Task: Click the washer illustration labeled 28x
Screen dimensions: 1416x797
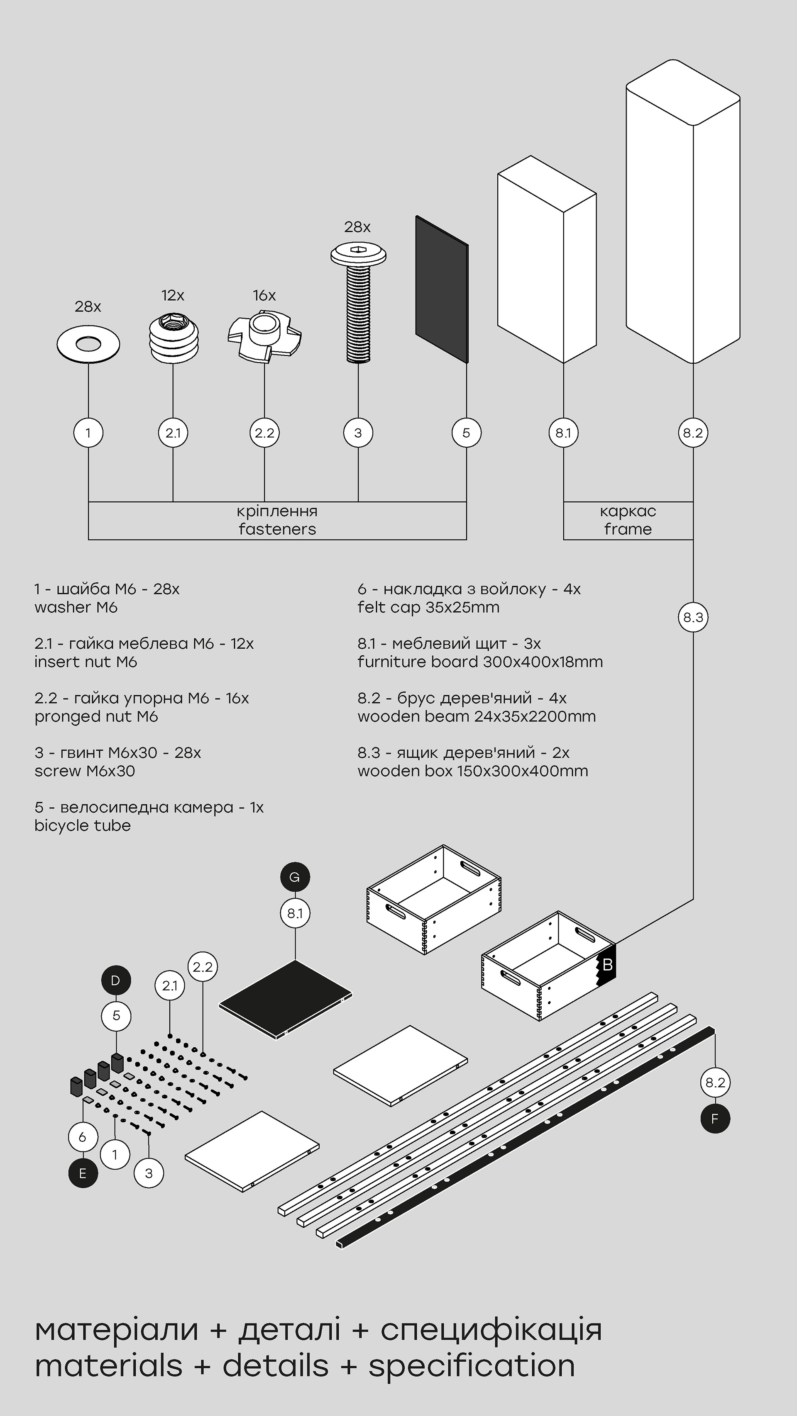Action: [x=88, y=345]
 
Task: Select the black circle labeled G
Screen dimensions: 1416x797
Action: [x=295, y=877]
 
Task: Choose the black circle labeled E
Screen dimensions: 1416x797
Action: [x=83, y=1174]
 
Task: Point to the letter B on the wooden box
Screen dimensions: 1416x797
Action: [x=607, y=964]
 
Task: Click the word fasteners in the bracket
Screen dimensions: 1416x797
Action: [x=277, y=529]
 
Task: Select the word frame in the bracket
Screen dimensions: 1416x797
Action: [x=628, y=529]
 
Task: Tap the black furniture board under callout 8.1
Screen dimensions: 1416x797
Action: [x=285, y=999]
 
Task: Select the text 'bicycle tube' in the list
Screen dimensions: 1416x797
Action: [x=83, y=826]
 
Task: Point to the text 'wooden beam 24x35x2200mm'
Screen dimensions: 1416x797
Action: [x=476, y=716]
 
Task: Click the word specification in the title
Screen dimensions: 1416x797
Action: [x=472, y=1367]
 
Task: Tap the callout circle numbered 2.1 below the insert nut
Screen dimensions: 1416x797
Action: [x=173, y=433]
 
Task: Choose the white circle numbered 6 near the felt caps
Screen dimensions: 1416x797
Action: [x=83, y=1137]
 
